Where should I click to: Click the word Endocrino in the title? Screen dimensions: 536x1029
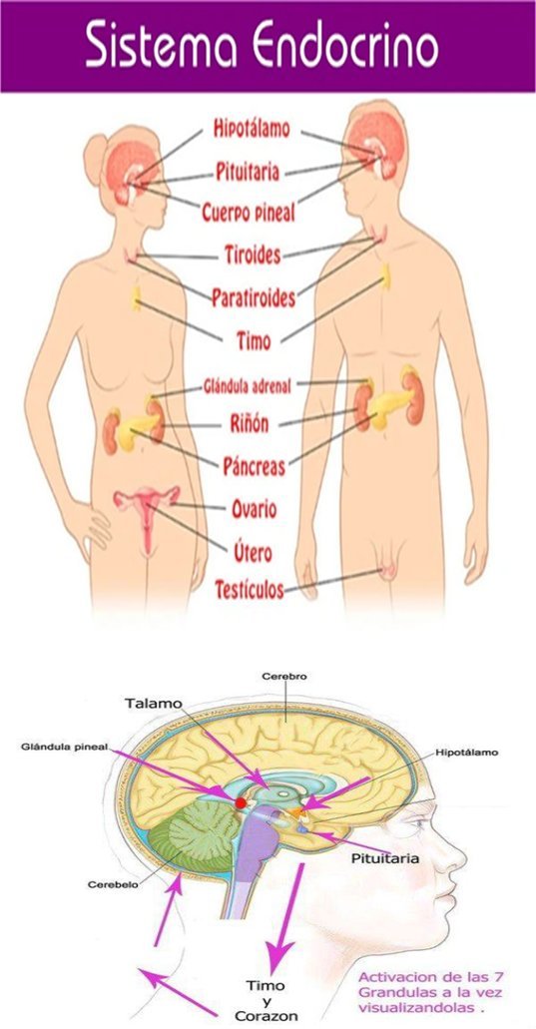[345, 46]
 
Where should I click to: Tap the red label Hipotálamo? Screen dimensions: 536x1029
[252, 129]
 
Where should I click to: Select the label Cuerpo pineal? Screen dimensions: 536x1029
[249, 213]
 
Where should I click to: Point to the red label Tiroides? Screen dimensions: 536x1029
[253, 254]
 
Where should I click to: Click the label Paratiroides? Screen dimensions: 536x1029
[254, 298]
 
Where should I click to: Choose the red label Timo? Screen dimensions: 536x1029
[253, 340]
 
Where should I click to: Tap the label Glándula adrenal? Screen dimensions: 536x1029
[246, 385]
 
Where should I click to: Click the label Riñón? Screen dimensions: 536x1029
[249, 424]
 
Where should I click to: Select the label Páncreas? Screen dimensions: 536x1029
[255, 466]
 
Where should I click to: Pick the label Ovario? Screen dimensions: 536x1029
[254, 509]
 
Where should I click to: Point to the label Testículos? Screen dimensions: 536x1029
[250, 589]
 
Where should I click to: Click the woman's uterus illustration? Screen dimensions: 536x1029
[147, 512]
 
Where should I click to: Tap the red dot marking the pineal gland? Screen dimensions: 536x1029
[241, 802]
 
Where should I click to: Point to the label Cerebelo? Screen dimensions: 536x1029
[112, 884]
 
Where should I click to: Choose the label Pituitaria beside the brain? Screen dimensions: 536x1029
[376, 858]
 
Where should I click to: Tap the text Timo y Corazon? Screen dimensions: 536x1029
[266, 999]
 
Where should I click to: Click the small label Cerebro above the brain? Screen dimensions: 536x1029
[275, 676]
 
